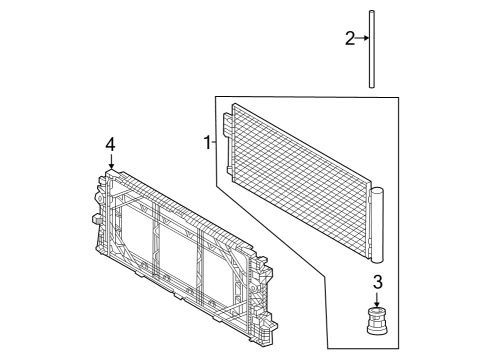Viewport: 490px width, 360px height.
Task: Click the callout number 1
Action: tap(207, 143)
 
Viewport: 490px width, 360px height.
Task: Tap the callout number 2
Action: tap(350, 39)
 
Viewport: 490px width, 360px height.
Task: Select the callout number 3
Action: tap(377, 282)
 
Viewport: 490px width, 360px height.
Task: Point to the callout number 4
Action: tap(111, 146)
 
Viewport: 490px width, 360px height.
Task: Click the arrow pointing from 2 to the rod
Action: tap(362, 39)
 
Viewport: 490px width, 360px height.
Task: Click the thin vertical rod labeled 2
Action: tap(372, 50)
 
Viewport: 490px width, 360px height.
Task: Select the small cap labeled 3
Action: tap(377, 325)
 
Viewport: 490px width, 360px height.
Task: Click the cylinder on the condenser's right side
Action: tap(377, 223)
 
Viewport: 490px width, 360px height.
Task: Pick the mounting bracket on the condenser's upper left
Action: tap(227, 124)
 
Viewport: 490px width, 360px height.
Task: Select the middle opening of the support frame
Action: tap(180, 249)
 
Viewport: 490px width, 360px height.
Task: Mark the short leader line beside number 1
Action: tap(215, 143)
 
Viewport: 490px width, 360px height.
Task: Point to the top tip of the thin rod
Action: tap(372, 13)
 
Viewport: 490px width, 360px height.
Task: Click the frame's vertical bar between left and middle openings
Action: tap(156, 240)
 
